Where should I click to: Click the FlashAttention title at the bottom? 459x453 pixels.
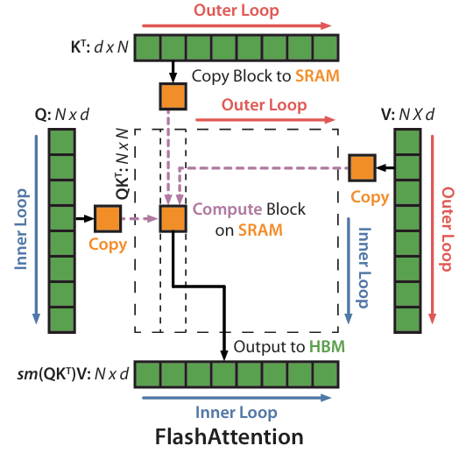tap(229, 436)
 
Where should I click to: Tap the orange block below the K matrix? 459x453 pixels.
tap(173, 96)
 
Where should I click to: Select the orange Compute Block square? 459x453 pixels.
tap(173, 218)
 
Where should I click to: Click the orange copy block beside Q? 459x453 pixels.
tap(108, 218)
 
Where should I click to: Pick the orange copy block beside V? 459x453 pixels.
tap(362, 167)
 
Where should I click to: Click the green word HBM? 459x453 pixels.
tap(327, 346)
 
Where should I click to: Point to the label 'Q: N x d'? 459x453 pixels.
tap(62, 115)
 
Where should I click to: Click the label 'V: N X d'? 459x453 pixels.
tap(408, 115)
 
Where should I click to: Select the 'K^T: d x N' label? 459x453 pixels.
tap(100, 46)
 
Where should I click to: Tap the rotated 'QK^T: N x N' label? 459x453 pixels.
tap(123, 164)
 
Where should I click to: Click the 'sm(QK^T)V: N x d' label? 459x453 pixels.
tap(73, 374)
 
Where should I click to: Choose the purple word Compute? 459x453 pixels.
tap(227, 209)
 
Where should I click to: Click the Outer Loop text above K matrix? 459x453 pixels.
tap(237, 11)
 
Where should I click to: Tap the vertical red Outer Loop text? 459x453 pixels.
tap(447, 230)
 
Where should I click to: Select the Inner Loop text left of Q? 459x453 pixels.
tap(22, 230)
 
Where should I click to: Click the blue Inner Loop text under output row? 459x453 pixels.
tap(237, 413)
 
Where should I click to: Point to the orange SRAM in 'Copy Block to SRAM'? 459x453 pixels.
tap(317, 76)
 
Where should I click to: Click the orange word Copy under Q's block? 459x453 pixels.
tap(108, 244)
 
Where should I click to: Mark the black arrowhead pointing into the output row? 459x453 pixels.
tap(224, 355)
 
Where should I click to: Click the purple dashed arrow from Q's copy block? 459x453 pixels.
tap(140, 218)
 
